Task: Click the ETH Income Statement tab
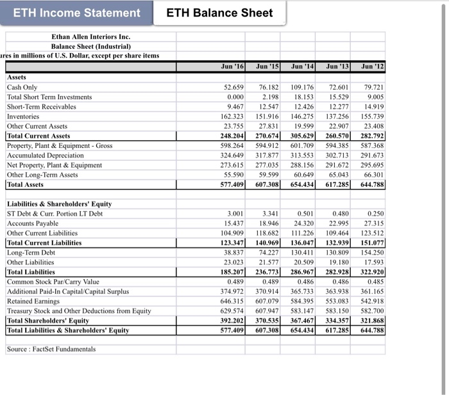click(77, 13)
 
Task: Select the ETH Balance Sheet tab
click(220, 13)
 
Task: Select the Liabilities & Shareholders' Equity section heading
click(59, 204)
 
